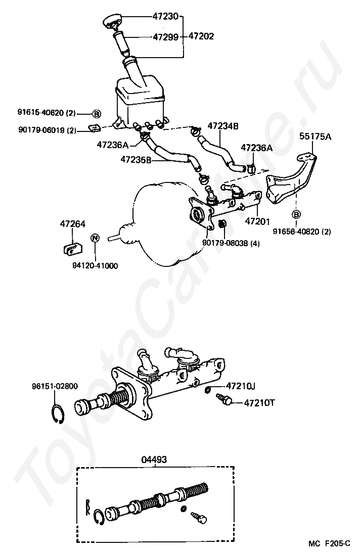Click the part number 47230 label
pyautogui.click(x=165, y=16)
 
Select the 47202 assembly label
pyautogui.click(x=201, y=36)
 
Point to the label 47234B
pyautogui.click(x=223, y=126)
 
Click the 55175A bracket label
pyautogui.click(x=316, y=136)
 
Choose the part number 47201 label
pyautogui.click(x=257, y=221)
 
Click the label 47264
pyautogui.click(x=73, y=224)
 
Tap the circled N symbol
pyautogui.click(x=95, y=238)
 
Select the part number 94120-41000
pyautogui.click(x=95, y=266)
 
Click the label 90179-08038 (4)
pyautogui.click(x=231, y=243)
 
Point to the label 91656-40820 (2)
pyautogui.click(x=302, y=232)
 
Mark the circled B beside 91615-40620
pyautogui.click(x=97, y=114)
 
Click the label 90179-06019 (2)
pyautogui.click(x=47, y=130)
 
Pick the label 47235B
pyautogui.click(x=136, y=160)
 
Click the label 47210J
pyautogui.click(x=241, y=386)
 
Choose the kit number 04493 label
pyautogui.click(x=154, y=459)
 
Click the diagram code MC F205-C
pyautogui.click(x=329, y=543)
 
